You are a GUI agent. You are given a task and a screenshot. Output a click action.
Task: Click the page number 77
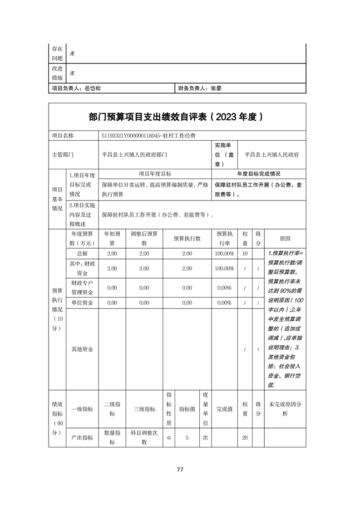tap(180, 470)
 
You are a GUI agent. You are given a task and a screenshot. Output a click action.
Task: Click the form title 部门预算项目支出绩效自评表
tap(150, 117)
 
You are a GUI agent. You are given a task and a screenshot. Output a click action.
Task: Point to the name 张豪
tap(216, 89)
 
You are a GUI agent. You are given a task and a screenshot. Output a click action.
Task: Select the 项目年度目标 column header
tap(155, 174)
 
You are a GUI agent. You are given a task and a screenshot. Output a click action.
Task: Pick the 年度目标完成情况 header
tap(259, 174)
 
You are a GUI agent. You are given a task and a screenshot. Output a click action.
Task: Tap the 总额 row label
tap(82, 254)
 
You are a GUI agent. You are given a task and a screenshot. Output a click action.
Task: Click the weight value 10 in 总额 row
tap(245, 254)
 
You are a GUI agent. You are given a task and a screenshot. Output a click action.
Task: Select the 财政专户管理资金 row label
tap(82, 288)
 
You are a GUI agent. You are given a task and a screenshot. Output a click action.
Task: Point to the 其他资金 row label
tap(82, 349)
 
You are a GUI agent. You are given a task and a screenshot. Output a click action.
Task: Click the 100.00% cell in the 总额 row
tap(225, 254)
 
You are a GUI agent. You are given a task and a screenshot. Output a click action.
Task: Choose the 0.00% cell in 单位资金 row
tap(225, 303)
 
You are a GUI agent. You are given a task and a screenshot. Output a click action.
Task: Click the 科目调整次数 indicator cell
tap(144, 438)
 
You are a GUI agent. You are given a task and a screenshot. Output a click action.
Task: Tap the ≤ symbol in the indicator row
tap(169, 438)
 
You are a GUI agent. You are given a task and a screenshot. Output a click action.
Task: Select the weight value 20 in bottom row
tap(245, 438)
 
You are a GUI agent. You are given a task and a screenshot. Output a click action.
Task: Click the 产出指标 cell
tap(82, 438)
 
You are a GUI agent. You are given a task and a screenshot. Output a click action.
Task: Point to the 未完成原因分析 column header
tap(285, 409)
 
